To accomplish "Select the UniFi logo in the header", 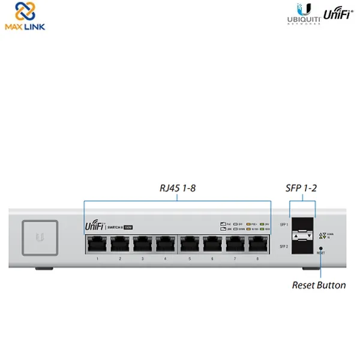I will pyautogui.click(x=337, y=14).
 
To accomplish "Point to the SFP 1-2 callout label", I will pyautogui.click(x=302, y=188).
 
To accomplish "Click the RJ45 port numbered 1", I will pyautogui.click(x=97, y=244).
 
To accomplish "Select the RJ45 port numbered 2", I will pyautogui.click(x=119, y=244).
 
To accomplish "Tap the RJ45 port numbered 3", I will pyautogui.click(x=142, y=244).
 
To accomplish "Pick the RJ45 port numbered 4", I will pyautogui.click(x=165, y=244).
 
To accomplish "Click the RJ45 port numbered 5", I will pyautogui.click(x=190, y=244).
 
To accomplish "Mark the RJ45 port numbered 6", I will pyautogui.click(x=212, y=244).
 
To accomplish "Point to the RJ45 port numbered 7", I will pyautogui.click(x=235, y=244).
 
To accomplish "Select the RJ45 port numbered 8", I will pyautogui.click(x=258, y=244).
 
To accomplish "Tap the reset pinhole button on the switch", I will pyautogui.click(x=322, y=247).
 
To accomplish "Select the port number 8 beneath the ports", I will pyautogui.click(x=258, y=259).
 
